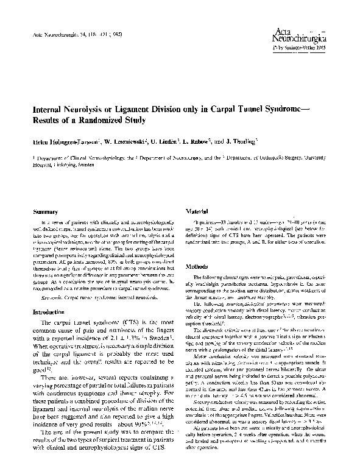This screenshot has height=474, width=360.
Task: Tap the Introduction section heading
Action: pyautogui.click(x=52, y=311)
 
